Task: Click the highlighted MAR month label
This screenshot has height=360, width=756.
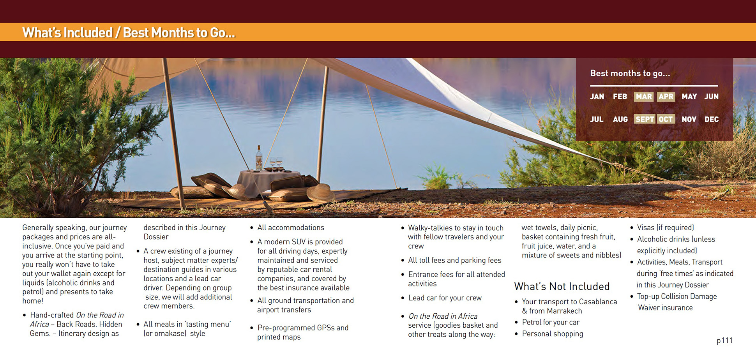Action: coord(644,97)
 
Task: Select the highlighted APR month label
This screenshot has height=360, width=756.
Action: coord(666,97)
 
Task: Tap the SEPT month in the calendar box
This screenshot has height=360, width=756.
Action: coord(645,119)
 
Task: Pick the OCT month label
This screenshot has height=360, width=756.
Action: coord(666,119)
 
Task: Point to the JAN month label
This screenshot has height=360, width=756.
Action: coord(597,97)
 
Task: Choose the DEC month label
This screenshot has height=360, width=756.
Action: coord(712,119)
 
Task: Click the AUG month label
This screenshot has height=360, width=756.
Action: coord(620,119)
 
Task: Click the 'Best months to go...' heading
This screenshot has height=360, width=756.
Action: coord(630,73)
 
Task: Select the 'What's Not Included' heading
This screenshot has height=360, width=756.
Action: coord(562,286)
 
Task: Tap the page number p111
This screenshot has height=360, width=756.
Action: coord(724,341)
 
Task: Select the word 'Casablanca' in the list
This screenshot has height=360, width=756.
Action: coord(598,302)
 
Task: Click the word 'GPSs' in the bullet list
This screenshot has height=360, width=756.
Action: coord(326,328)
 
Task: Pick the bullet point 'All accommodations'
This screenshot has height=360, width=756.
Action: coord(291,228)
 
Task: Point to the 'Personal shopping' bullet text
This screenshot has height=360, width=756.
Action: coord(553,334)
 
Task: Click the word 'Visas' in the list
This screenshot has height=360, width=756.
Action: coord(646,228)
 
